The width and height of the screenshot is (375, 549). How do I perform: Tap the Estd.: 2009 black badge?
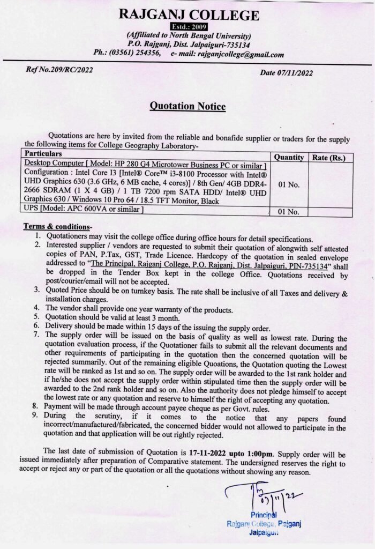click(188, 26)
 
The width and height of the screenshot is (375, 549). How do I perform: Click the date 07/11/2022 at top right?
click(294, 73)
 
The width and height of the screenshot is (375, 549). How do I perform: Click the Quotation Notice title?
click(187, 106)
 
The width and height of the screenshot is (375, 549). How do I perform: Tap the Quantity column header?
click(289, 158)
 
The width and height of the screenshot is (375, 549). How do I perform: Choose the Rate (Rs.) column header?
click(329, 158)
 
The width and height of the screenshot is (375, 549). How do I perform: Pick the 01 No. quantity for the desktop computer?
click(289, 184)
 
